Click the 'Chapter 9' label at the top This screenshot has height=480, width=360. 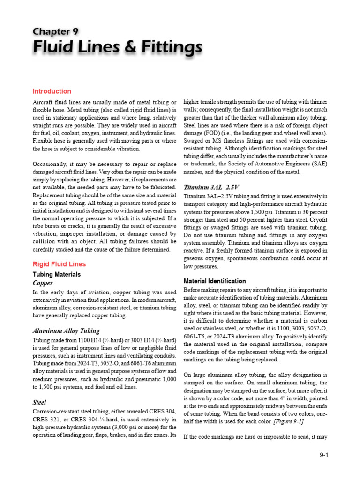[55, 31]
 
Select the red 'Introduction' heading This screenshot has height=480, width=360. [52, 91]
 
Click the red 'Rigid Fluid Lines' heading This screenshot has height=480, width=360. [59, 264]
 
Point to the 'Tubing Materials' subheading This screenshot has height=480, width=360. [57, 274]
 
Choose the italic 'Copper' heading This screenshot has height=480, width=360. [43, 284]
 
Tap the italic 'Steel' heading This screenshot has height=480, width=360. [39, 402]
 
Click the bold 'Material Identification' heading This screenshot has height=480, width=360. [215, 281]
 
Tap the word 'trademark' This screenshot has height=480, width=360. [204, 164]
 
